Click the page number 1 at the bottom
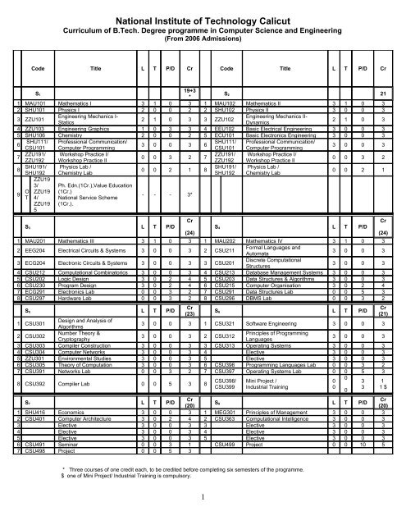(203, 517)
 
